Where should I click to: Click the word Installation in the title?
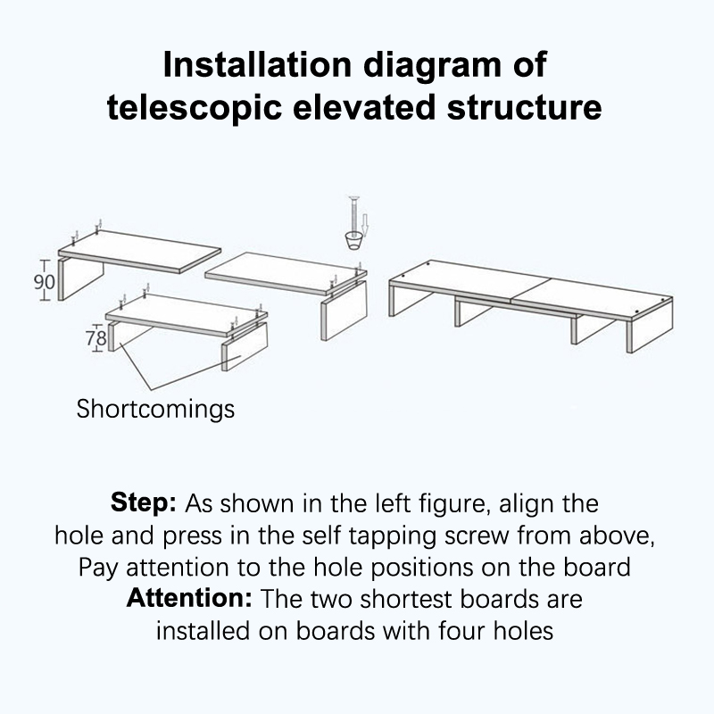(257, 64)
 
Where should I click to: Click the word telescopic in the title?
(194, 109)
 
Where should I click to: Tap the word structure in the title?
(525, 108)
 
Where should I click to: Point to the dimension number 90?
(44, 282)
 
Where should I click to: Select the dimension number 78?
(96, 338)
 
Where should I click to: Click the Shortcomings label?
(155, 409)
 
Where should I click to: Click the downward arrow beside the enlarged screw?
(364, 227)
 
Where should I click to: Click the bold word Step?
(144, 502)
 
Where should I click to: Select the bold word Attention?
(189, 598)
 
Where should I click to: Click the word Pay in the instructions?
(98, 569)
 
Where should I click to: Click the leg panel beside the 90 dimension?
(81, 280)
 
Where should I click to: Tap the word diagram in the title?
(432, 66)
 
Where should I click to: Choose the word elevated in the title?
(364, 108)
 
